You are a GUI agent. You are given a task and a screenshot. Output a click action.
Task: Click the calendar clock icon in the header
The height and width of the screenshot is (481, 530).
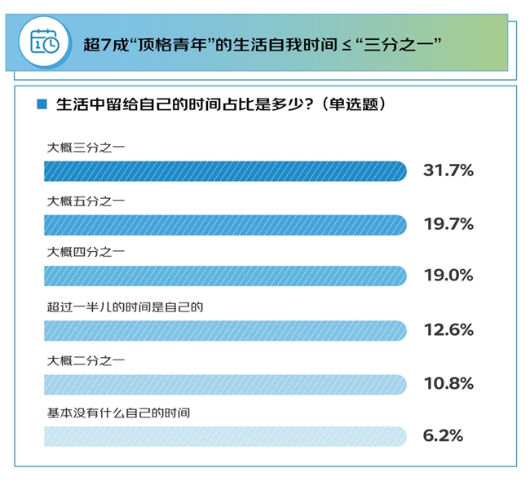[x=45, y=42]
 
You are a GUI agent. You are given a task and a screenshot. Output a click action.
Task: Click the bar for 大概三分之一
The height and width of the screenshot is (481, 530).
[x=225, y=171]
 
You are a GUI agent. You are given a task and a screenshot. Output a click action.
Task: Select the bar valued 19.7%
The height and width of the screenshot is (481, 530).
[x=225, y=224]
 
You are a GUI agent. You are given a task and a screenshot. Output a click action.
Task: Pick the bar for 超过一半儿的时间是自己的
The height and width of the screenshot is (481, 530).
[x=225, y=329]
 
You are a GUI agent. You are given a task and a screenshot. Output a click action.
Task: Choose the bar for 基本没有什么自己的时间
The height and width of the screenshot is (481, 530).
[x=225, y=436]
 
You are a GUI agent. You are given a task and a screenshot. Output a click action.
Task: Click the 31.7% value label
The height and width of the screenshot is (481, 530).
[x=448, y=171]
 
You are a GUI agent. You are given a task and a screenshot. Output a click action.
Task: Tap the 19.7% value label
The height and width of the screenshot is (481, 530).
[x=448, y=224]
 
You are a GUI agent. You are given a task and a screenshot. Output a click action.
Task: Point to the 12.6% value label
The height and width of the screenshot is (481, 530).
[x=448, y=329]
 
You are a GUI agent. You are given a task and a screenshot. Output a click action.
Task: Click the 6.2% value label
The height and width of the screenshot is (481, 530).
[x=443, y=436]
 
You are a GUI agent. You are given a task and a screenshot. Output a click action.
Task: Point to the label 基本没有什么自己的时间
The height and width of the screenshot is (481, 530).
[x=119, y=413]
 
